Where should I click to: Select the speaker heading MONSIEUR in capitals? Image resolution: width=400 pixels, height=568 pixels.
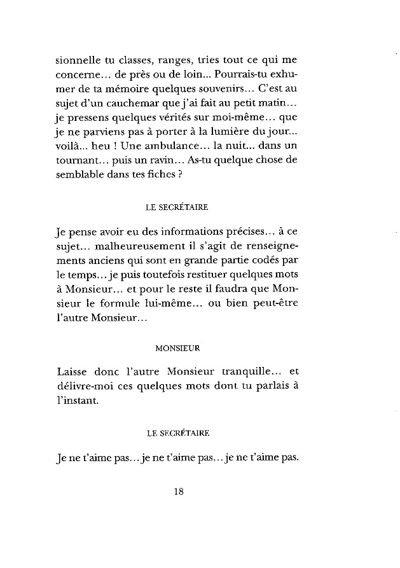[178, 348]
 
